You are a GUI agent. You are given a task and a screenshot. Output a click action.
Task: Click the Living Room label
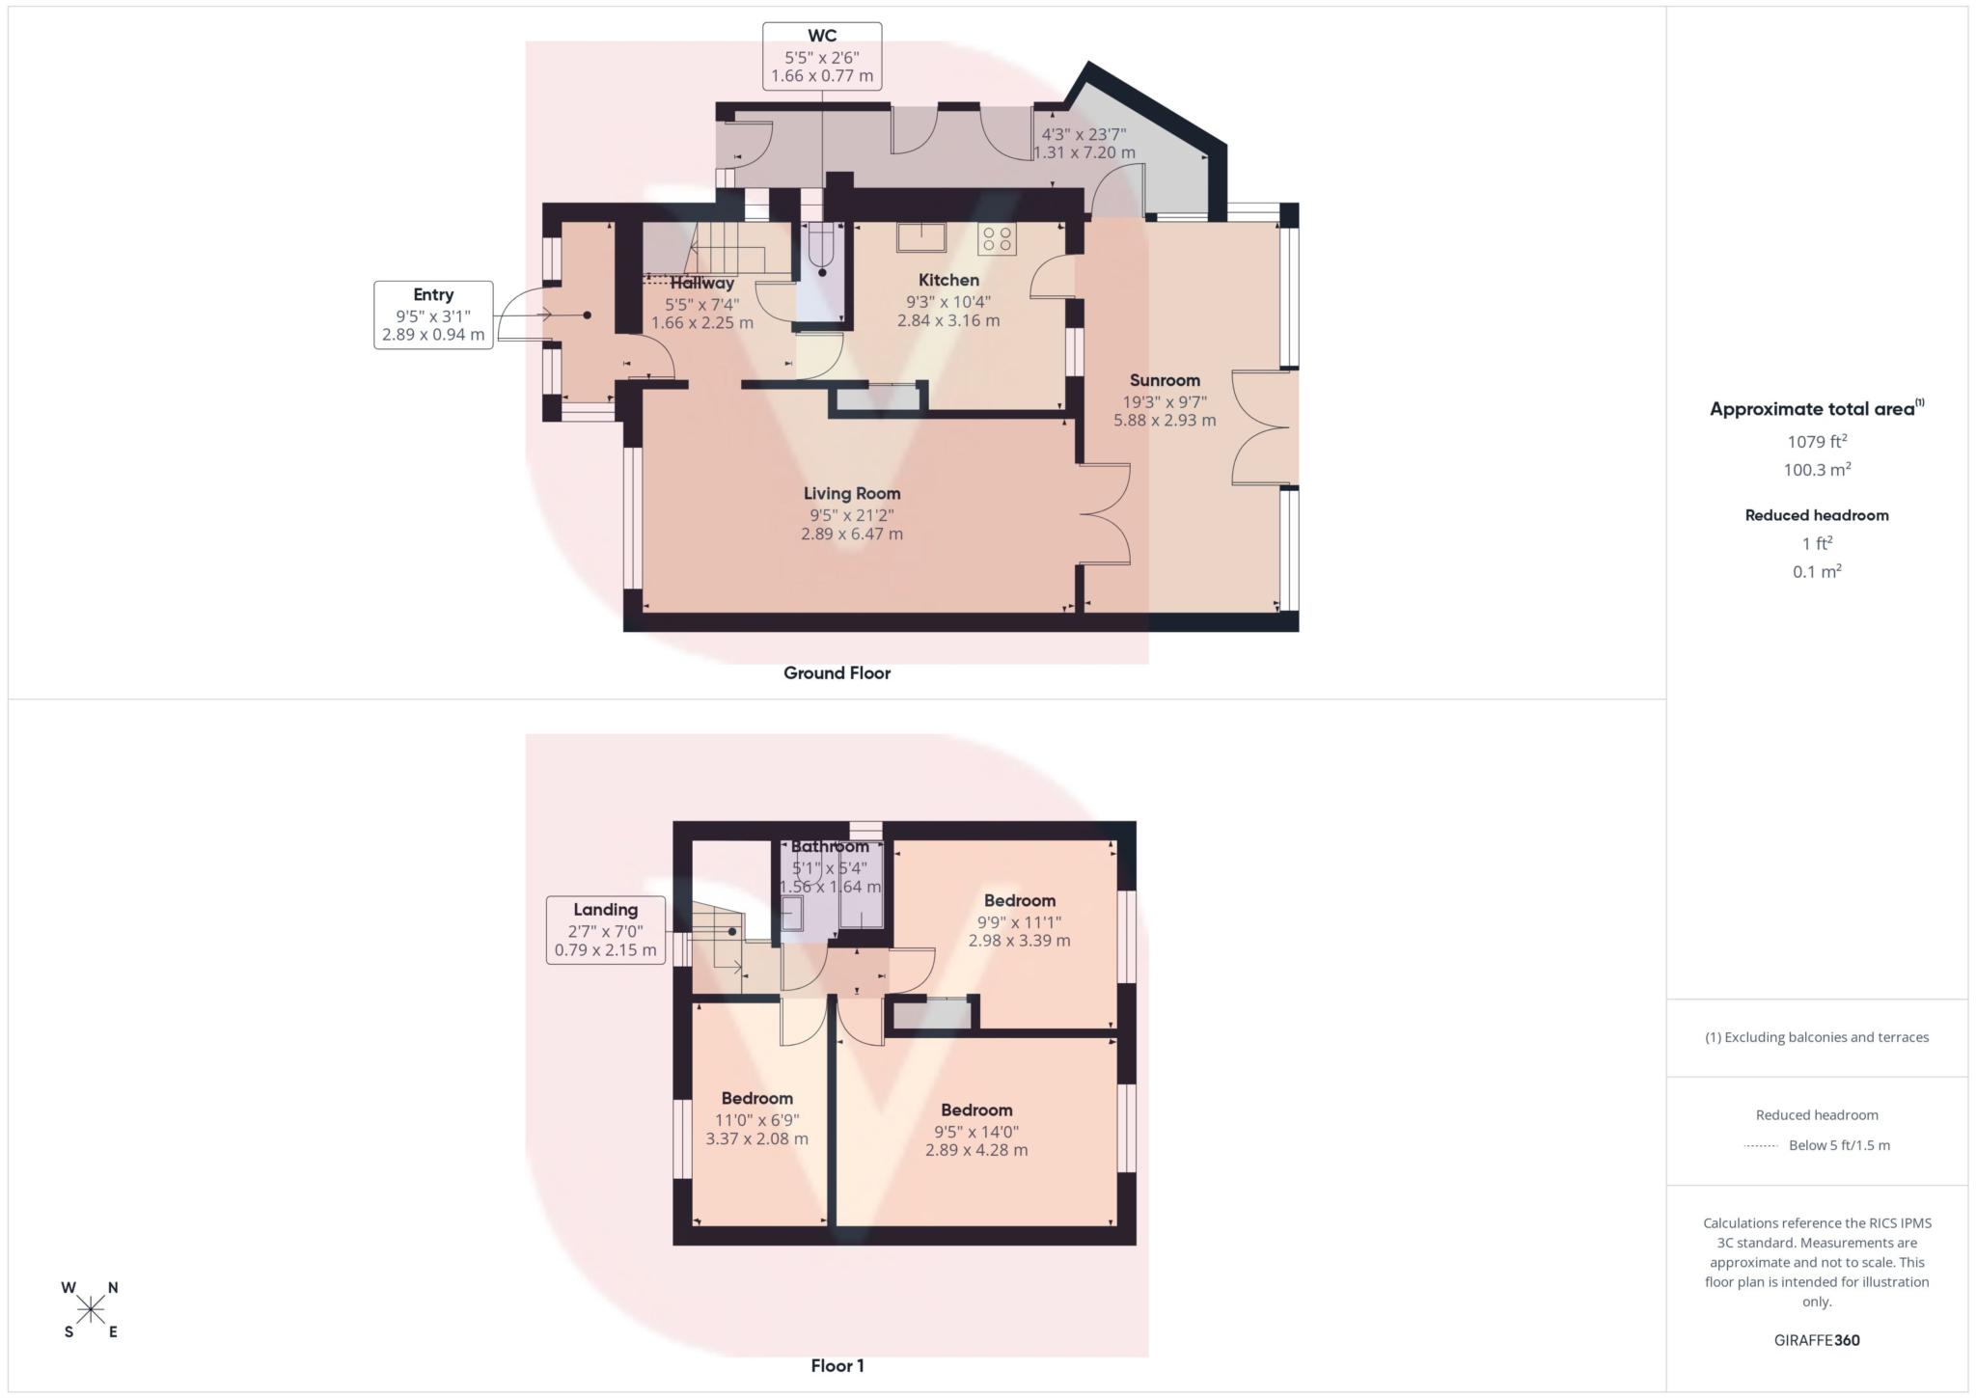pos(852,493)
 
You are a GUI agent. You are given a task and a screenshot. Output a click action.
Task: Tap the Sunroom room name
pos(1165,380)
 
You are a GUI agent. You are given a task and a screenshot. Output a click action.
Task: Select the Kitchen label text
pos(948,280)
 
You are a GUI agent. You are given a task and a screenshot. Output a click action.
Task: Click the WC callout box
pos(822,56)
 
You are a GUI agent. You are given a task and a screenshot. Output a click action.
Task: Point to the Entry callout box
pos(433,315)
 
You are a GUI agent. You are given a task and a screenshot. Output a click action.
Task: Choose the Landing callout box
pos(605,929)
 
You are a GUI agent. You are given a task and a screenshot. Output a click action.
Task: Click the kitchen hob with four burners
pos(997,239)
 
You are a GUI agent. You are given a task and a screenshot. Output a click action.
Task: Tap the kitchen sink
pos(920,236)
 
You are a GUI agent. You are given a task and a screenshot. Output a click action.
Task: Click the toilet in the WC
pos(822,253)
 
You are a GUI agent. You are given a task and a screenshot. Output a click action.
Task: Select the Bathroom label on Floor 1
pos(830,846)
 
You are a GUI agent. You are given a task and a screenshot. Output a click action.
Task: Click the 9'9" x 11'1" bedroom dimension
pos(1019,920)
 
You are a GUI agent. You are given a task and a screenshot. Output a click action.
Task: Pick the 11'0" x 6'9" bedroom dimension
pos(756,1119)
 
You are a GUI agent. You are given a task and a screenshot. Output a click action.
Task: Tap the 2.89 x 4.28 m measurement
pos(976,1150)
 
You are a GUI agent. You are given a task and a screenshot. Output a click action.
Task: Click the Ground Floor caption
pos(837,673)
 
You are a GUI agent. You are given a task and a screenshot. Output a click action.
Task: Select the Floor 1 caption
pos(837,1366)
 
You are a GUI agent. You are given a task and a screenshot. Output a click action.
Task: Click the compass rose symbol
pos(91,1309)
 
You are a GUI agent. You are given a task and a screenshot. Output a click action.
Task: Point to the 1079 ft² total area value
pos(1817,442)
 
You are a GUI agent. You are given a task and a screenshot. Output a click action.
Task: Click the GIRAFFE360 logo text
pos(1817,1340)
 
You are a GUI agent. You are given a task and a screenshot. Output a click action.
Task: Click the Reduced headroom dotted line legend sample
pos(1761,1146)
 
